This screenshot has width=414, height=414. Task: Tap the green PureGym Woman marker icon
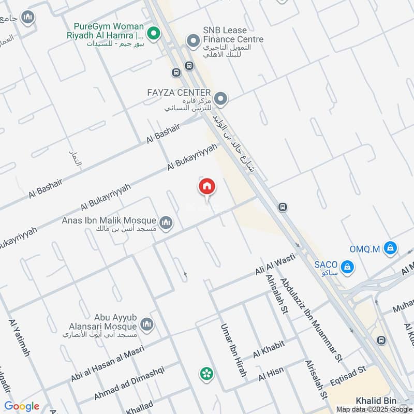coord(153,34)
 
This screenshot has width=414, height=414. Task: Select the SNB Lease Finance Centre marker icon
coord(193,40)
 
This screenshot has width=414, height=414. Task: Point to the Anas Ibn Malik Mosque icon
coord(166,223)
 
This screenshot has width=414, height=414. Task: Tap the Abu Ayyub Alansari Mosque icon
coord(147,324)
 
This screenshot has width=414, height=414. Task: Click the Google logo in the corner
coord(22,406)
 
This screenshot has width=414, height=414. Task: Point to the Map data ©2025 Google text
coord(374,409)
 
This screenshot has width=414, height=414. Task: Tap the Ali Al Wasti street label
coord(274,264)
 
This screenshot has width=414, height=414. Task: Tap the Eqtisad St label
coord(348,374)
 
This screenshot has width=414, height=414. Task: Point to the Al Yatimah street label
coord(19,338)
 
